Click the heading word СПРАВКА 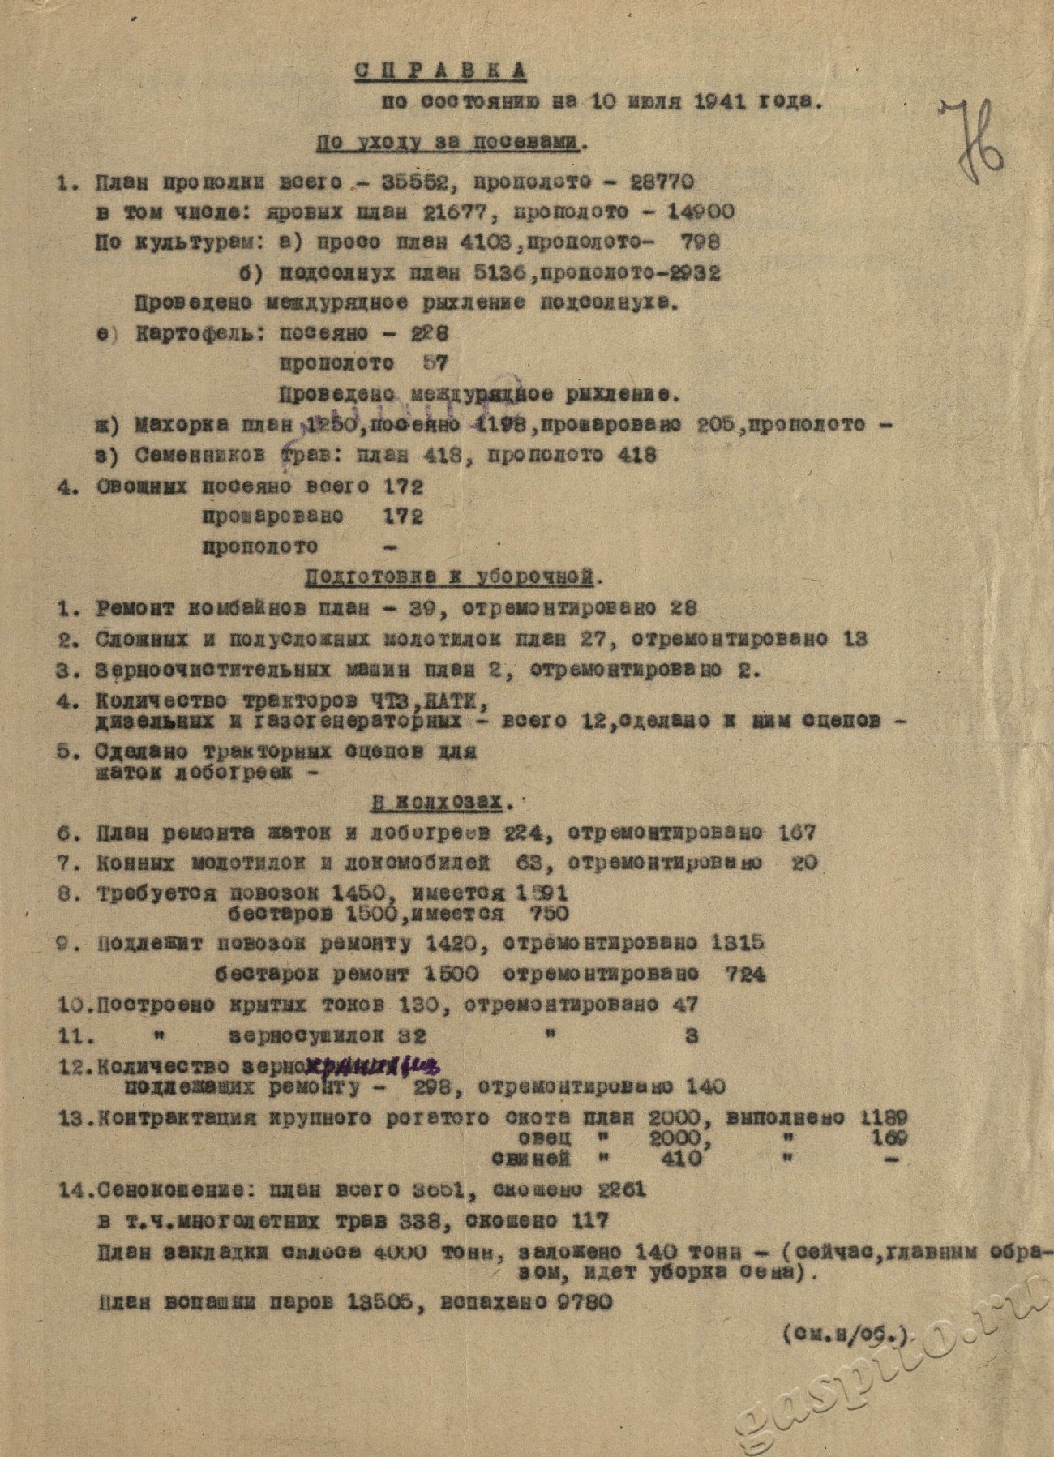pyautogui.click(x=441, y=71)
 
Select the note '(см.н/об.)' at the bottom pyautogui.click(x=844, y=1333)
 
